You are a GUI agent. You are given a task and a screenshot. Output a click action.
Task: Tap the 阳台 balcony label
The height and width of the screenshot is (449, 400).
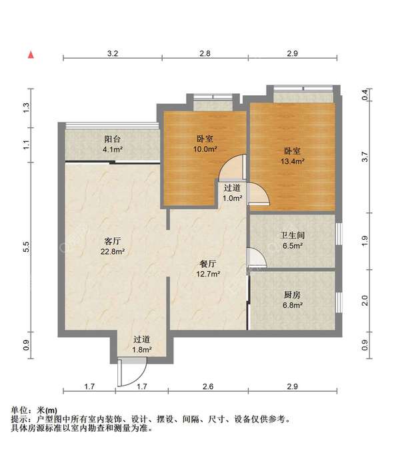pos(112,139)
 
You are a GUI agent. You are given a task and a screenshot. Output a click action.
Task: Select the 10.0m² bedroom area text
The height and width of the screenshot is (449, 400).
pos(204,149)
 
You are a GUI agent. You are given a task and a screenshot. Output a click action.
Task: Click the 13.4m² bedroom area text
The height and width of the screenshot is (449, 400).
pos(293,161)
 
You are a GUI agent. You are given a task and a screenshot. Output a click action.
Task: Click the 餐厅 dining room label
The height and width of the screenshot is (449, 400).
pos(209,263)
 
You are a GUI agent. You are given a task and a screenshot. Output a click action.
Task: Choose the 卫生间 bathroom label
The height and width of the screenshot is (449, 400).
pos(292,235)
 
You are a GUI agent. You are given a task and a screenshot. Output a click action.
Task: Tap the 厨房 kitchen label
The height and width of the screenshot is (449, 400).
pos(292,294)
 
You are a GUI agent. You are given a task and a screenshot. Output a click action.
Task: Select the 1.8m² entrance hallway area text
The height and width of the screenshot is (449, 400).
pos(141,349)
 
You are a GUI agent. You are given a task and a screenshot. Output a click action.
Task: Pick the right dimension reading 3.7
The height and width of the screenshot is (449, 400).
pos(364,158)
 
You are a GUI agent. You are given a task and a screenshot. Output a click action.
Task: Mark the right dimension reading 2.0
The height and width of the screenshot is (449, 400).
pos(364,300)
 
